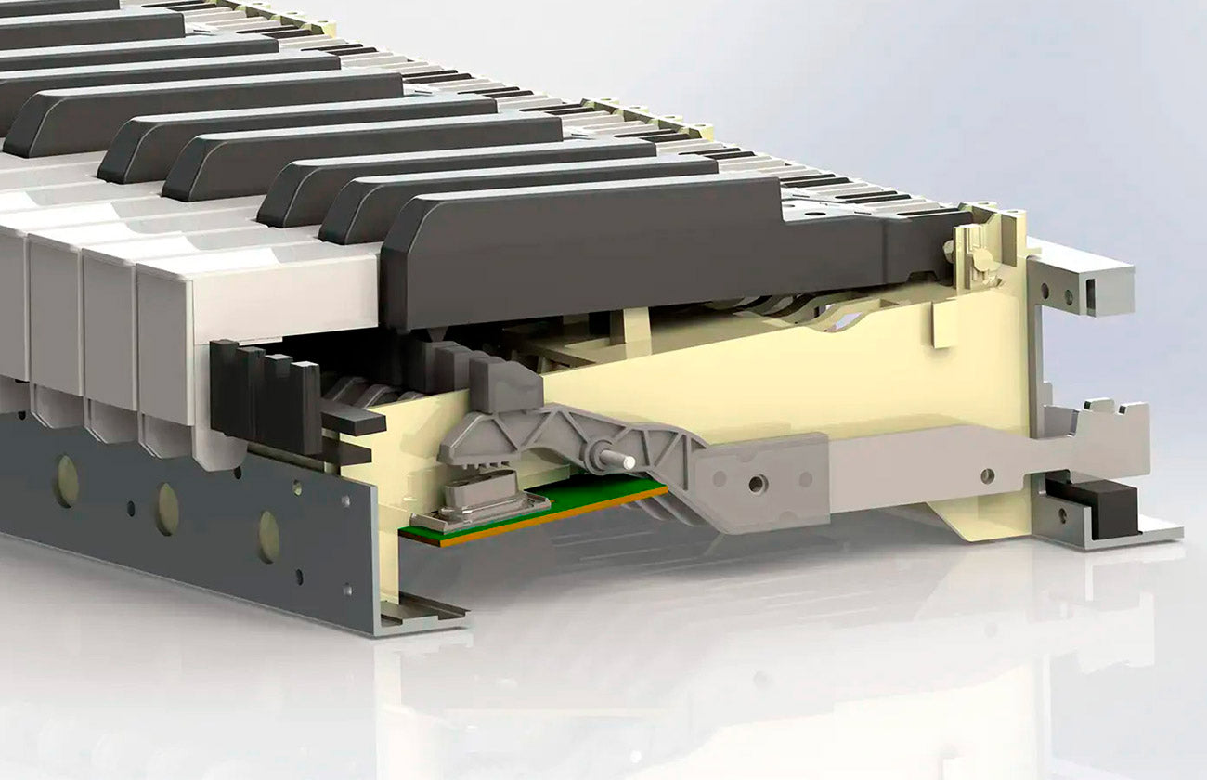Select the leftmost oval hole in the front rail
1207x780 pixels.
click(66, 480)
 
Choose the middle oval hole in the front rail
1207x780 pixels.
click(167, 509)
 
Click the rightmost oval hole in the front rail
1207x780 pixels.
click(268, 536)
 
